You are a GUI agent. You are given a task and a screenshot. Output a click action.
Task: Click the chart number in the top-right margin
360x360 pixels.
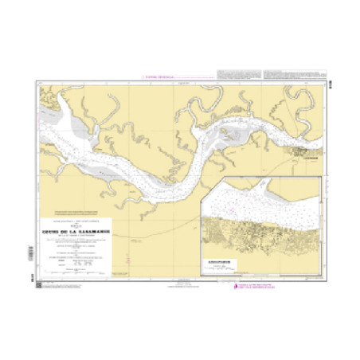coord(329,78)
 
